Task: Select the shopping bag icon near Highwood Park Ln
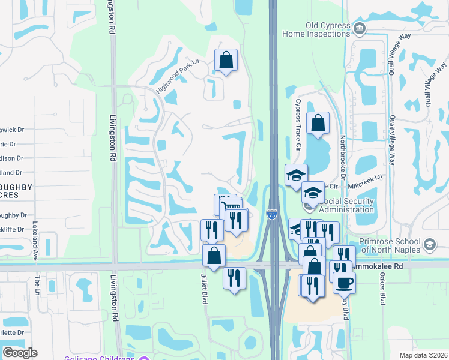click(226, 60)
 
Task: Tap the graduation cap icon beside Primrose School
click(430, 244)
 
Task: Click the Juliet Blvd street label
click(204, 289)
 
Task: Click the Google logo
click(20, 353)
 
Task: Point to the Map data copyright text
click(424, 355)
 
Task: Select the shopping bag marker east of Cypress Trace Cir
click(318, 123)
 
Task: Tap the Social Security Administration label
click(337, 205)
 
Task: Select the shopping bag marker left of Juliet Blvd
click(214, 256)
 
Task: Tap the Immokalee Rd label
click(384, 264)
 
